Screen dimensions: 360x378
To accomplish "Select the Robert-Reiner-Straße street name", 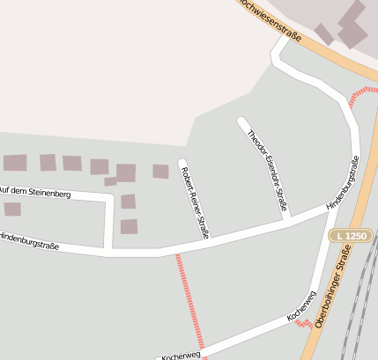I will [x=194, y=203].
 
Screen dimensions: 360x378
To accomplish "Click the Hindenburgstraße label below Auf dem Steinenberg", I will [x=29, y=240].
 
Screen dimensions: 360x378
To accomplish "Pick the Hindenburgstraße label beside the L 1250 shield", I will [x=343, y=182].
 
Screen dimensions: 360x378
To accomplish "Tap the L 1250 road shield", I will [x=349, y=236].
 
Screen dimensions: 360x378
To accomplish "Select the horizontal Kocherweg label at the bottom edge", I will [x=180, y=355].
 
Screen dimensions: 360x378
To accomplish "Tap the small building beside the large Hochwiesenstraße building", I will [x=324, y=34].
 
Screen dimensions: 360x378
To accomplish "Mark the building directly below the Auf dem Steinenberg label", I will [x=12, y=209].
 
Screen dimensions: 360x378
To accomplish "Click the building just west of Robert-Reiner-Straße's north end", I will [x=160, y=172].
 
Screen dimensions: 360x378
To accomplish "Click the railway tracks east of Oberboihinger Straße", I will [x=359, y=299].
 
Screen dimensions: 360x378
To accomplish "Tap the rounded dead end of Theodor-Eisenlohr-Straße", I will [x=241, y=121].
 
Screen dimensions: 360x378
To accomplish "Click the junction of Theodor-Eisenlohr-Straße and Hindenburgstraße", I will [x=286, y=221].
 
